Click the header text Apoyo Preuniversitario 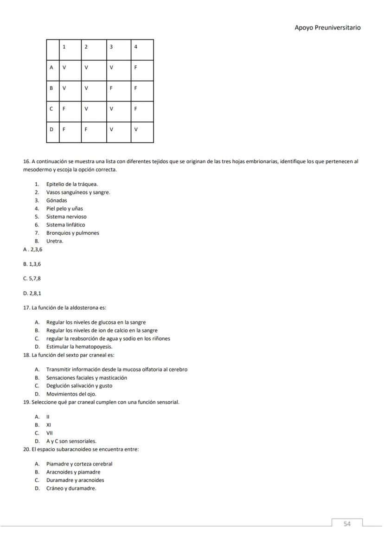pos(327,28)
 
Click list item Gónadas pos(57,200)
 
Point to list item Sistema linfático pos(65,225)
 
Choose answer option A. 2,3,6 pos(32,249)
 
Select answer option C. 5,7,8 pos(32,279)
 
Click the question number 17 pos(26,307)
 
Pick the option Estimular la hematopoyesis pos(79,346)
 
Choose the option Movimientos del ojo pos(71,394)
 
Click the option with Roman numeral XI pos(48,425)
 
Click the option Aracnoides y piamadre pos(73,472)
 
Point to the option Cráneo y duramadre pos(71,488)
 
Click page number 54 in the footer pos(347,524)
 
